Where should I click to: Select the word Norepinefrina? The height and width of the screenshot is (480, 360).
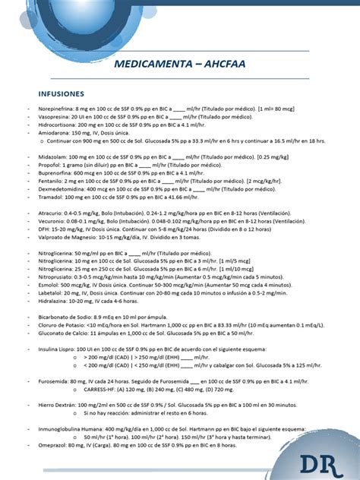tap(58, 110)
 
